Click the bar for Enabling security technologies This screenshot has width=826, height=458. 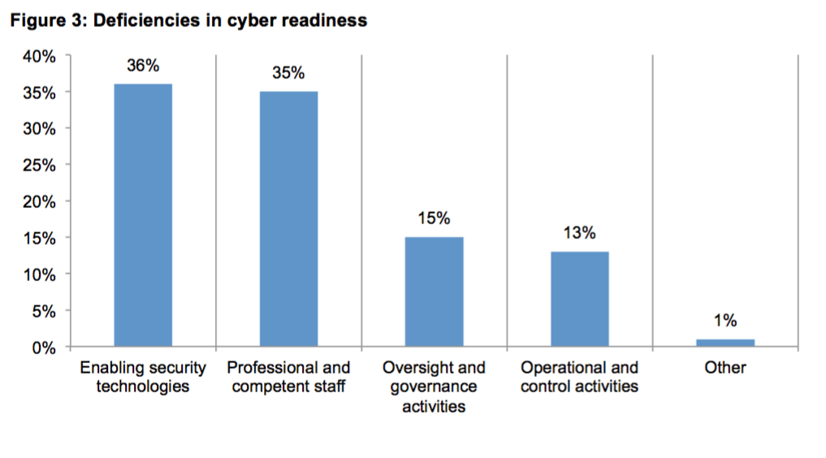click(x=143, y=215)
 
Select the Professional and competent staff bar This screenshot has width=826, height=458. click(x=288, y=219)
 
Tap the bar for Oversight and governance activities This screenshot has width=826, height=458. click(x=434, y=292)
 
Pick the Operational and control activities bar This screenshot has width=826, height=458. click(x=579, y=299)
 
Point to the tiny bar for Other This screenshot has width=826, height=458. click(x=724, y=343)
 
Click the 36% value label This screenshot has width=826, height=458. click(x=143, y=67)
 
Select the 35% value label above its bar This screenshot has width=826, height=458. click(x=288, y=73)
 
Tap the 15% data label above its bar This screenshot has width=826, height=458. click(x=434, y=218)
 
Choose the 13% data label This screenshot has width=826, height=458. click(x=579, y=233)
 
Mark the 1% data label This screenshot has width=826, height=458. click(x=724, y=321)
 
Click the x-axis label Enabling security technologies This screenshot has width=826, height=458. click(x=143, y=377)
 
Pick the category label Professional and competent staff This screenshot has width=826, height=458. click(x=288, y=377)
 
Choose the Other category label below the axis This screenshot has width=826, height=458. click(x=724, y=368)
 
